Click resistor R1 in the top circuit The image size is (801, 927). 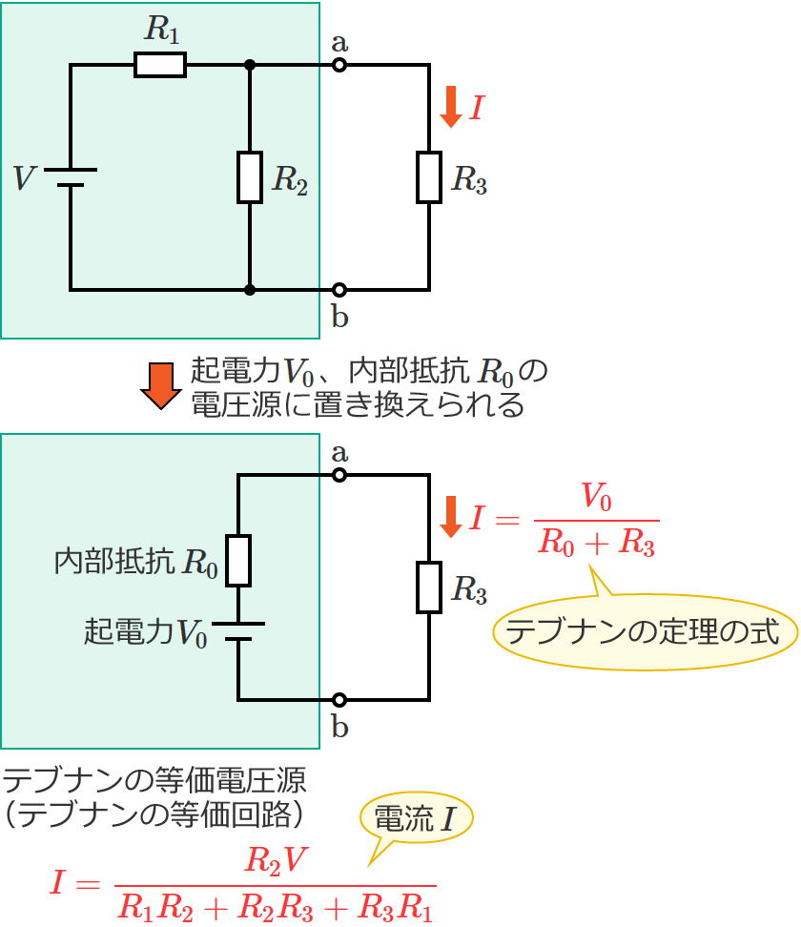click(160, 65)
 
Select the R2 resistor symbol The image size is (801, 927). click(250, 177)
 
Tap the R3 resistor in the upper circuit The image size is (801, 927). click(429, 177)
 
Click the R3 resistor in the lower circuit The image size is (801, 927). click(429, 587)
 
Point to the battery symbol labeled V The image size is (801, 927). click(71, 177)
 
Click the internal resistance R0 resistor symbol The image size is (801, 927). click(238, 560)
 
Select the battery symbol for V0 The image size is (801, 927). click(238, 631)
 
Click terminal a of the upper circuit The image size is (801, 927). click(339, 65)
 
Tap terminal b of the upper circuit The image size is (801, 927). click(339, 289)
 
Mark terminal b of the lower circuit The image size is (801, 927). click(339, 700)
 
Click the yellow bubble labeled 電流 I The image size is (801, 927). click(416, 819)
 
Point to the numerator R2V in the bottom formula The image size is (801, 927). click(276, 861)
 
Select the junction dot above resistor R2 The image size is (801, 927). click(250, 65)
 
